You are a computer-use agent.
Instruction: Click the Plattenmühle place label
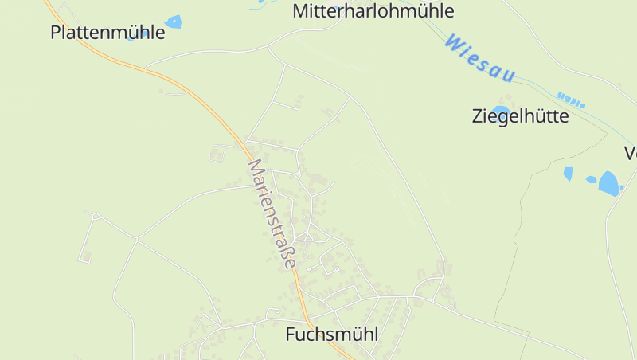(x=107, y=33)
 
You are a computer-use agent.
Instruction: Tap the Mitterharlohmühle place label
(x=373, y=11)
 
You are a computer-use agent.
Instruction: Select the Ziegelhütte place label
(x=521, y=116)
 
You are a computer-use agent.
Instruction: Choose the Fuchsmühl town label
(x=331, y=335)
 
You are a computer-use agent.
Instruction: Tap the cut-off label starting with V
(x=631, y=153)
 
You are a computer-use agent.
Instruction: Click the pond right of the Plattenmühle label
(x=173, y=22)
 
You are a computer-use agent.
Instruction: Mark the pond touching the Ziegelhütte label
(x=500, y=108)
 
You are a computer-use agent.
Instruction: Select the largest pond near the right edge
(x=609, y=183)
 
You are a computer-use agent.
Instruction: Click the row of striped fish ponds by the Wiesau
(x=571, y=100)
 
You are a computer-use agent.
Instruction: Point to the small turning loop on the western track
(x=96, y=216)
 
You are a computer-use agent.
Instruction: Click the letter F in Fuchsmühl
(x=291, y=335)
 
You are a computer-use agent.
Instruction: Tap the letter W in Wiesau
(x=455, y=41)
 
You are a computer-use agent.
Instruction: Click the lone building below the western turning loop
(x=86, y=256)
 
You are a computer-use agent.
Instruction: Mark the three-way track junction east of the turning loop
(x=137, y=238)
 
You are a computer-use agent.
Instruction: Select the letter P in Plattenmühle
(x=55, y=33)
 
